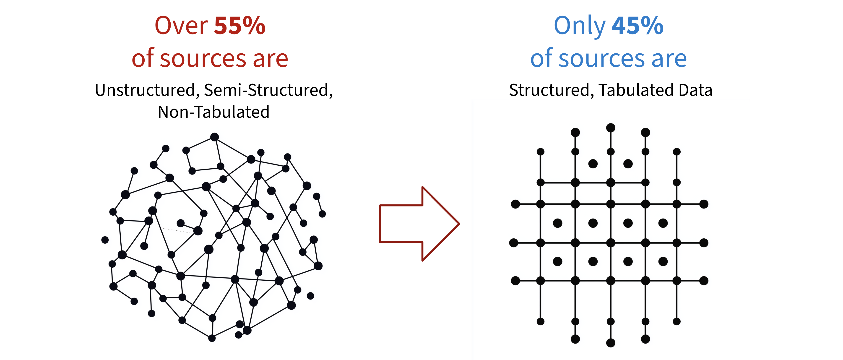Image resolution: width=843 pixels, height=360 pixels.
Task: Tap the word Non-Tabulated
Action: coord(213,112)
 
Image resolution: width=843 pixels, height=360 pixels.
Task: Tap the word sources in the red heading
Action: coord(203,59)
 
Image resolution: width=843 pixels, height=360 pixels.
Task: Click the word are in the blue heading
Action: coord(669,59)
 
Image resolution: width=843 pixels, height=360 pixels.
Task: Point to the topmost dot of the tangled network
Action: coord(214,137)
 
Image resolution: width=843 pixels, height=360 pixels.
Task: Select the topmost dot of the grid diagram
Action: coord(611,128)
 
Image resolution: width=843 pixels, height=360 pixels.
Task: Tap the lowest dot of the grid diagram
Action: coord(611,343)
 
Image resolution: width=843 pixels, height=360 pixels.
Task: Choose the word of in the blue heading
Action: coord(541,59)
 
